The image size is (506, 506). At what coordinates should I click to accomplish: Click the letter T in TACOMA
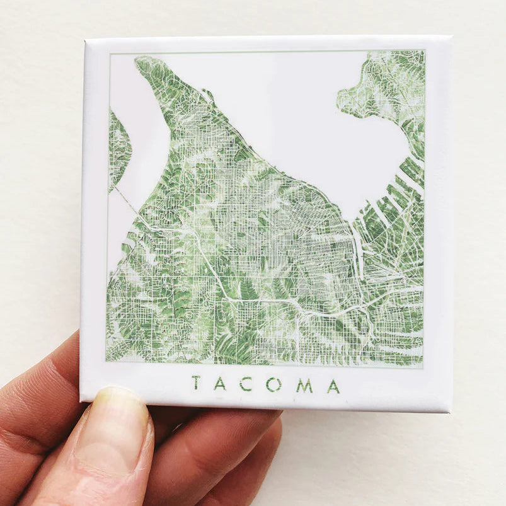[x=196, y=383]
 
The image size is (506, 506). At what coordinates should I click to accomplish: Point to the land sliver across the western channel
[x=118, y=148]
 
